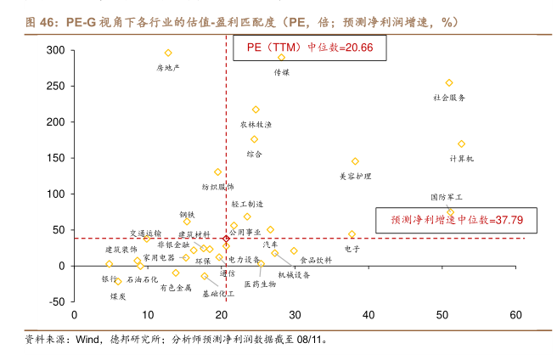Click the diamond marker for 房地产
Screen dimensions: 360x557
coord(168,53)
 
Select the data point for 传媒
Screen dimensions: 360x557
coord(282,58)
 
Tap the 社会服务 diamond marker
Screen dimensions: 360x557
coord(449,83)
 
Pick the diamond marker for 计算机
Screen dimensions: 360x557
coord(461,144)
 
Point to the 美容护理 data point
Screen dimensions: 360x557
coord(355,161)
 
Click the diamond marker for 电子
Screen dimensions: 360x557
coord(352,234)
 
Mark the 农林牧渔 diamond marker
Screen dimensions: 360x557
coord(256,110)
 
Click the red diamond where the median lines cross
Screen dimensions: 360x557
coord(226,238)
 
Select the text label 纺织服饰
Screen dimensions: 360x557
coord(217,186)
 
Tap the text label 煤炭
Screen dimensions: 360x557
coord(119,296)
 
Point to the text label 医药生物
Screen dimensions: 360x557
coord(260,284)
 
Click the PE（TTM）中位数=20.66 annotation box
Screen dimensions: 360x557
coord(310,48)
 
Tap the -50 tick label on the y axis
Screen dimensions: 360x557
coord(55,301)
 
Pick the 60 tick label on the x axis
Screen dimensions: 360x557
coord(515,315)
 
